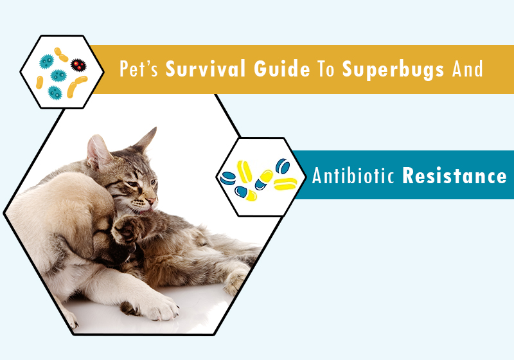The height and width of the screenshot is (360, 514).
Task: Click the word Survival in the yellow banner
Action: pyautogui.click(x=205, y=69)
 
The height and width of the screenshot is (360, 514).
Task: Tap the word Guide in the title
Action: pyautogui.click(x=282, y=69)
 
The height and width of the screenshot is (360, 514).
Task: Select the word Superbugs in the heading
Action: pyautogui.click(x=393, y=70)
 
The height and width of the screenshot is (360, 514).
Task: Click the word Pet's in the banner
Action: pyautogui.click(x=139, y=69)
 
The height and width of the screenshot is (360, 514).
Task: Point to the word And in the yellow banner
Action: pyautogui.click(x=468, y=69)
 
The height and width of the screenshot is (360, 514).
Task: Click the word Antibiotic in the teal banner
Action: pyautogui.click(x=353, y=175)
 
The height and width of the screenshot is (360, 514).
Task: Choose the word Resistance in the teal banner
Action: pyautogui.click(x=454, y=175)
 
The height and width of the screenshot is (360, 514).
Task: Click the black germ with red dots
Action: pyautogui.click(x=78, y=65)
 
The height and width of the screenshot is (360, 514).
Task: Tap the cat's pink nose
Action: pyautogui.click(x=152, y=201)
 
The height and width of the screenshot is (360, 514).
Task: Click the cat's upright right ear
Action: pyautogui.click(x=146, y=139)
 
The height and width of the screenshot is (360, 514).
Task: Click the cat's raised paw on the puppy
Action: pyautogui.click(x=125, y=229)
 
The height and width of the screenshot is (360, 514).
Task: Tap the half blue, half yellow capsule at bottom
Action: pyautogui.click(x=246, y=194)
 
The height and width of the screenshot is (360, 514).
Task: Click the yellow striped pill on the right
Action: pyautogui.click(x=285, y=184)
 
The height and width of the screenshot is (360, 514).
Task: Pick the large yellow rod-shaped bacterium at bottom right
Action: pyautogui.click(x=76, y=87)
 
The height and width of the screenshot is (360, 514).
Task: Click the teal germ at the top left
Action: pyautogui.click(x=46, y=62)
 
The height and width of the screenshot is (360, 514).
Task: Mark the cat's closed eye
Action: pyautogui.click(x=133, y=184)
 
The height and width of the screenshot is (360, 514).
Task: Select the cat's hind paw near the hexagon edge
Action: pyautogui.click(x=235, y=282)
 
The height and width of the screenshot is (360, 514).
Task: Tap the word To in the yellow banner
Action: pyautogui.click(x=326, y=69)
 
